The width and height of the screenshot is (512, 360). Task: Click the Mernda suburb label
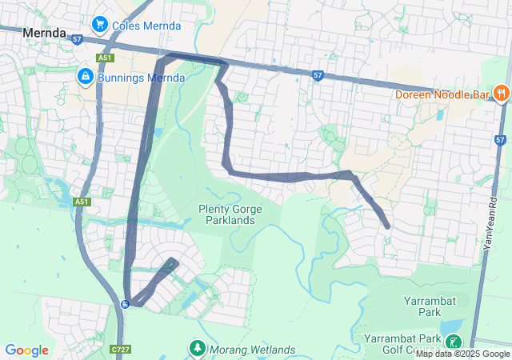tap(45, 32)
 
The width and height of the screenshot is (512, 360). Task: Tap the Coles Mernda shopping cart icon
tap(101, 25)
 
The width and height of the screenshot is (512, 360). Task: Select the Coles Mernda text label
tap(146, 26)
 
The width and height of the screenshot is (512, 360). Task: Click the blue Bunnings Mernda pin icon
tap(85, 76)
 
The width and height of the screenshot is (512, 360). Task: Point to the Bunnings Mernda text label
tap(141, 78)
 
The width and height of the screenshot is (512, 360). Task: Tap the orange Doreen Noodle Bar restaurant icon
tap(502, 92)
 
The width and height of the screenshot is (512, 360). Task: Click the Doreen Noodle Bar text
tap(442, 94)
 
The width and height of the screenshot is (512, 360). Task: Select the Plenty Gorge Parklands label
tap(238, 214)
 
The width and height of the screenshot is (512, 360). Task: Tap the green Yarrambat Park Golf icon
tap(454, 342)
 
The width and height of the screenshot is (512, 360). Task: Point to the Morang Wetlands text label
tap(252, 350)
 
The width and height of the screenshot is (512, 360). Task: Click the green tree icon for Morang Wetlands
tap(197, 349)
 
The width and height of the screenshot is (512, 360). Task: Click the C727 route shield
tap(121, 350)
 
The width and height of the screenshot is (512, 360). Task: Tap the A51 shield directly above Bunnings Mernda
tap(105, 58)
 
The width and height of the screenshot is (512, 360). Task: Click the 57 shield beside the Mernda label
tap(77, 38)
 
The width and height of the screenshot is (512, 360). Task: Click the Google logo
tap(26, 350)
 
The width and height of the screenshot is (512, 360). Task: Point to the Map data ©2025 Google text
tap(462, 354)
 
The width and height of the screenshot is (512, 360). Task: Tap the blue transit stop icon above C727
tap(125, 304)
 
